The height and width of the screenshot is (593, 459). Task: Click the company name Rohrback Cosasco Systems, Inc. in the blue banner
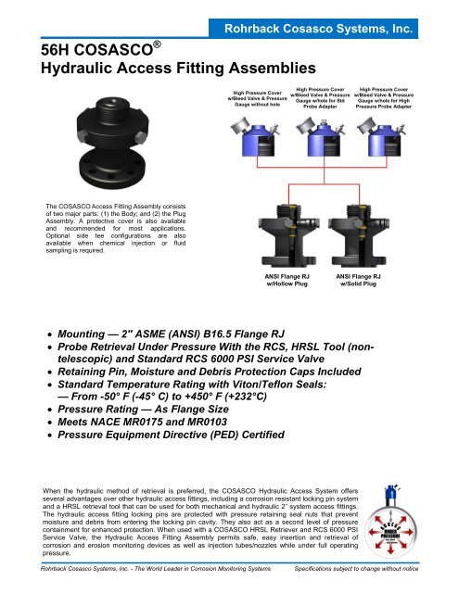[335, 31]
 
